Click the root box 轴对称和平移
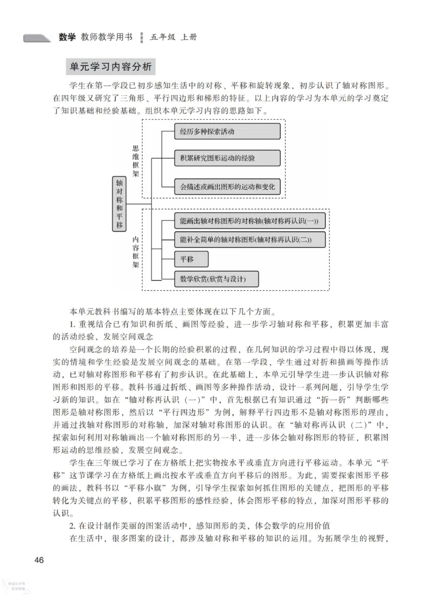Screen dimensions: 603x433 (x=119, y=203)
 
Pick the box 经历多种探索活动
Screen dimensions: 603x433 (x=227, y=132)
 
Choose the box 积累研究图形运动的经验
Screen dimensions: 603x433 (x=227, y=158)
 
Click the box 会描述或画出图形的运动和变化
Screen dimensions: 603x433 (x=227, y=187)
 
